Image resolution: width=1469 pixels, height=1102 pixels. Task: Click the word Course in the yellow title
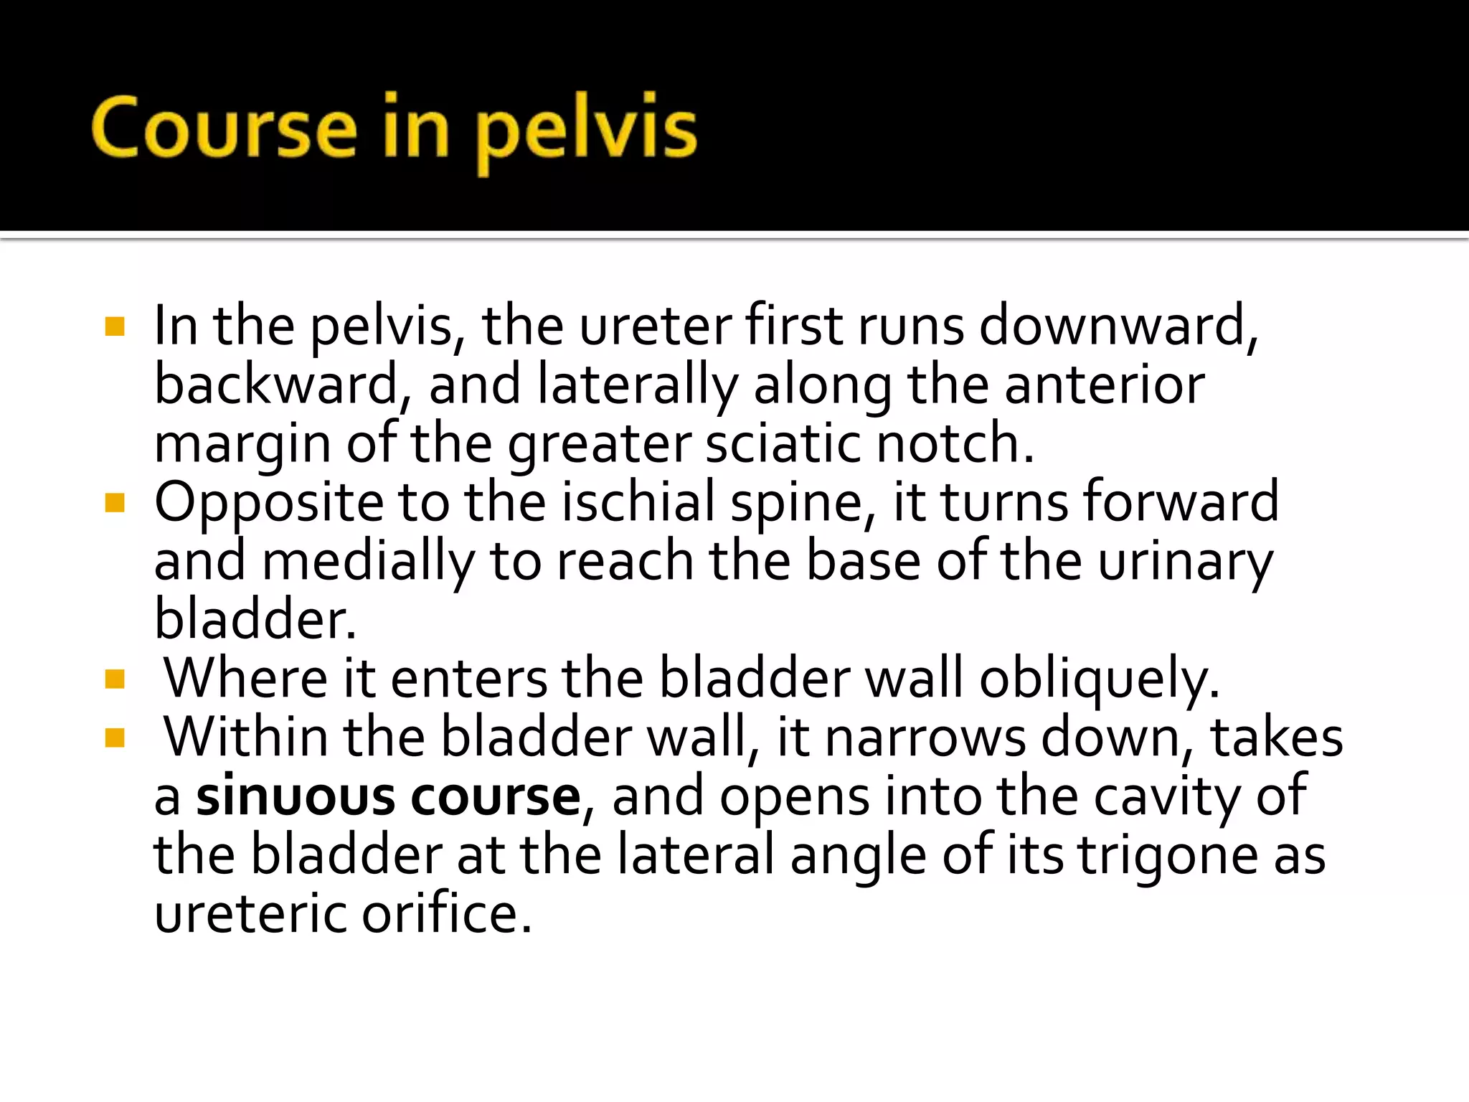tap(224, 128)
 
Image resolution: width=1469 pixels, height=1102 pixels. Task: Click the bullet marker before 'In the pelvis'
tap(115, 327)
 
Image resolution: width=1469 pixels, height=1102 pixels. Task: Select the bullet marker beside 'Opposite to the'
tap(115, 503)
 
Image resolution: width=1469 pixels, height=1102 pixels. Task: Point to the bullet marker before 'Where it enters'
tap(115, 679)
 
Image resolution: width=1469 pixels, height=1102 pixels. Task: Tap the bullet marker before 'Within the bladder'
tap(115, 738)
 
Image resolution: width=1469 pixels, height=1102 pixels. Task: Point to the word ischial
tap(638, 501)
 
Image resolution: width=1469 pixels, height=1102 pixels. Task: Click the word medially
tap(368, 562)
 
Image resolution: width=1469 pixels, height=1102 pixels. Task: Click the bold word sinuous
tap(295, 796)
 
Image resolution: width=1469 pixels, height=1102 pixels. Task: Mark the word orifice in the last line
tap(446, 914)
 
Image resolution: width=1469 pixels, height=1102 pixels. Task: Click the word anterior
tap(1104, 385)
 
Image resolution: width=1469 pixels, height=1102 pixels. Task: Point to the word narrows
tap(925, 738)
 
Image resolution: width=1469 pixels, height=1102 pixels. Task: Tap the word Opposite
tap(269, 503)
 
